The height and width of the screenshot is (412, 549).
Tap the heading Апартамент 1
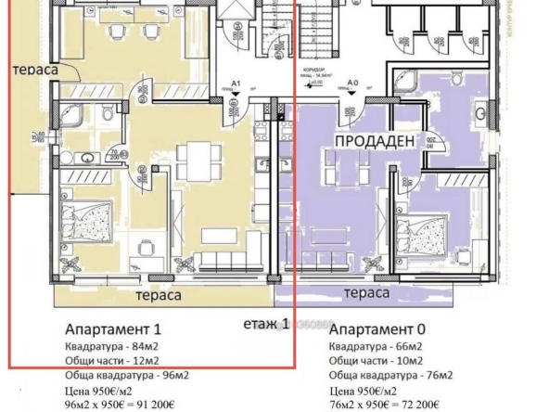[x=113, y=329]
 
